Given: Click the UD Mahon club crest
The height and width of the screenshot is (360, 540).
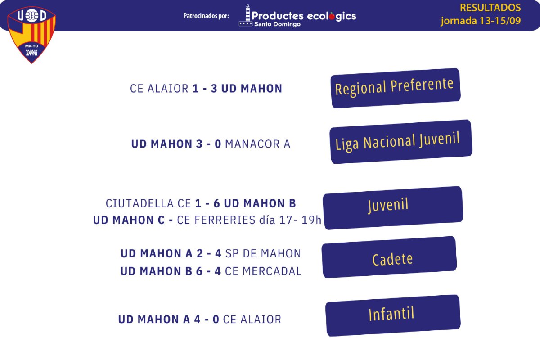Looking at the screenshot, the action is tap(31, 35).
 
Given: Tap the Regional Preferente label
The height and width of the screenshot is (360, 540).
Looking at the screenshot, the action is tap(396, 88).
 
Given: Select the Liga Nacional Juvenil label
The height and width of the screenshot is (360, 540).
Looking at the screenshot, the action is tap(401, 142).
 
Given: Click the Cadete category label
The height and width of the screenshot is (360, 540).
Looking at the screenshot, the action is tap(389, 257).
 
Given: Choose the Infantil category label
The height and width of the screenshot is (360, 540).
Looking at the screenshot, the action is tap(393, 315).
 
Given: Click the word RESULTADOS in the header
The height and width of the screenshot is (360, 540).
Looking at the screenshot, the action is tap(490, 8).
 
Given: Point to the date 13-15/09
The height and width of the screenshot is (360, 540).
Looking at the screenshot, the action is tap(500, 21).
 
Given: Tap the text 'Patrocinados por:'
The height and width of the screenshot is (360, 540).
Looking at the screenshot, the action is tap(206, 16).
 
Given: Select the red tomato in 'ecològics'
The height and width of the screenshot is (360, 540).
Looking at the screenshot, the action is tap(332, 16).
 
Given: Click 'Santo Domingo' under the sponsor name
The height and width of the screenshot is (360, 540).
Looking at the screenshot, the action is tap(278, 24).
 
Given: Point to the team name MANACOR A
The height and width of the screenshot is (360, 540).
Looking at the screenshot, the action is tap(258, 144).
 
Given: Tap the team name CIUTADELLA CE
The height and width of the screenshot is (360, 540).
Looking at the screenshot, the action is tap(148, 203).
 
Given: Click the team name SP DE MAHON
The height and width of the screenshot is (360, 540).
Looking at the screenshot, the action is tap(263, 253).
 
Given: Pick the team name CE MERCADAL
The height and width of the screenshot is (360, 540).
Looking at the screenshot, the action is tap(263, 271).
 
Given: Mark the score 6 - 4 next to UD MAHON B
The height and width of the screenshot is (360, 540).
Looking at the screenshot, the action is tap(208, 271).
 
